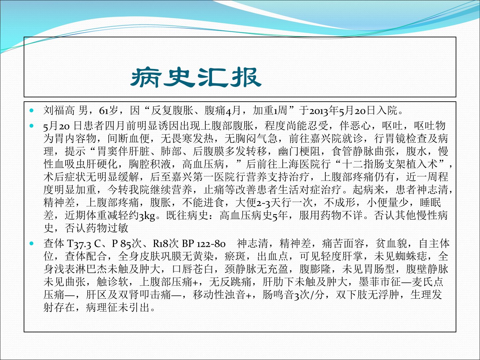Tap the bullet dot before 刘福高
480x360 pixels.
[32, 110]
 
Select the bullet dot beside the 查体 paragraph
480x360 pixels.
[32, 243]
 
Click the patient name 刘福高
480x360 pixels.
[59, 110]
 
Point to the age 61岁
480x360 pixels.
[108, 110]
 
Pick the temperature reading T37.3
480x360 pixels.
[79, 243]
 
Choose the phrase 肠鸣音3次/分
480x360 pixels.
[293, 295]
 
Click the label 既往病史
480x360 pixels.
[187, 216]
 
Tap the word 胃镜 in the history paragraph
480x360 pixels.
[395, 138]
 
